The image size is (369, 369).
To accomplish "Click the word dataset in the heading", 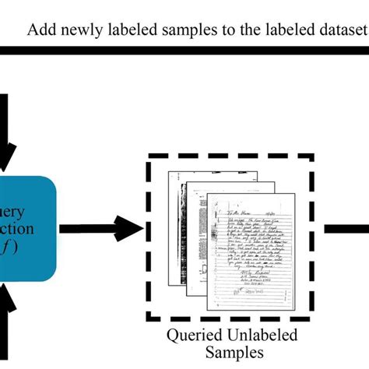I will tap(339, 31).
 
